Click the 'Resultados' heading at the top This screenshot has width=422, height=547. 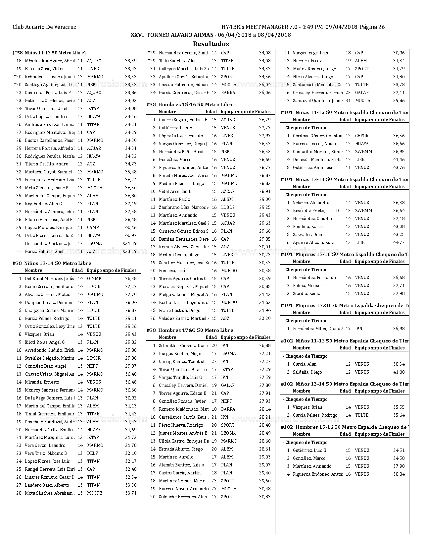[x=211, y=44]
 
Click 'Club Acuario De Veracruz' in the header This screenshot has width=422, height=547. [x=44, y=27]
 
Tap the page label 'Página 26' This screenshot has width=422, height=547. [x=372, y=27]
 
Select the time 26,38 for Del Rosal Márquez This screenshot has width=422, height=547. [x=131, y=279]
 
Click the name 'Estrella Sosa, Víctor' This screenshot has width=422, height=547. [x=45, y=69]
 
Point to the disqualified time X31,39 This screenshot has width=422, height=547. [x=129, y=244]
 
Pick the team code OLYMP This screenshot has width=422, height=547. [x=94, y=279]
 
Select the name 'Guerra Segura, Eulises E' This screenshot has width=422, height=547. [x=183, y=120]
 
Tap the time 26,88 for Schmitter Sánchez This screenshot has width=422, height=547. [x=265, y=346]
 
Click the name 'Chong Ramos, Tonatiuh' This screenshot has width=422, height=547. [x=182, y=362]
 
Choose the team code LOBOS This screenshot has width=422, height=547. [x=228, y=208]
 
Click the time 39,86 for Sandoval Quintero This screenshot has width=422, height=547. [x=399, y=101]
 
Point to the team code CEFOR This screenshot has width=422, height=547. [x=362, y=136]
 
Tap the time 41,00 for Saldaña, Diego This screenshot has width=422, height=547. [x=399, y=372]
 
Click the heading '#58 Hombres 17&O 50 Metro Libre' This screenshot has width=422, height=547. [x=190, y=330]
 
